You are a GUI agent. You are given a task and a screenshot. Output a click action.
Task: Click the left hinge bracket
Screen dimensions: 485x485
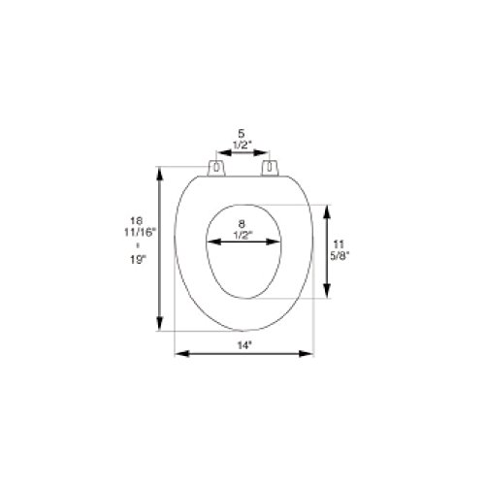pos(216,168)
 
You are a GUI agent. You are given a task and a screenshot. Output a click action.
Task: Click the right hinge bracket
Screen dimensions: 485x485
pos(270,168)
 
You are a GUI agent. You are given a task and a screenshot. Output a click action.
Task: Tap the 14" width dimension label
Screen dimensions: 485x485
pos(244,345)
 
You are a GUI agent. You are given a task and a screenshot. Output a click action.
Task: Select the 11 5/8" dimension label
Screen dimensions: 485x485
pos(339,249)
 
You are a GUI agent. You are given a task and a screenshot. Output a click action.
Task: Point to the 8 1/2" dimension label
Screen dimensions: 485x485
pos(242,230)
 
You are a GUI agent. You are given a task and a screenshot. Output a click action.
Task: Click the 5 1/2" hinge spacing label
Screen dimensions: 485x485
pos(242,139)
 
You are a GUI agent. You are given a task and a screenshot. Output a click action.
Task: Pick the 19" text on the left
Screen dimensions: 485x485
pos(138,260)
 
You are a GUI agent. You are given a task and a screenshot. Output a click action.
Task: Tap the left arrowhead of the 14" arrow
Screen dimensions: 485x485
pos(181,354)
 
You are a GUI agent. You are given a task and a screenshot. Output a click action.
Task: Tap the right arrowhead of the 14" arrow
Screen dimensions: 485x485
pos(306,354)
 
